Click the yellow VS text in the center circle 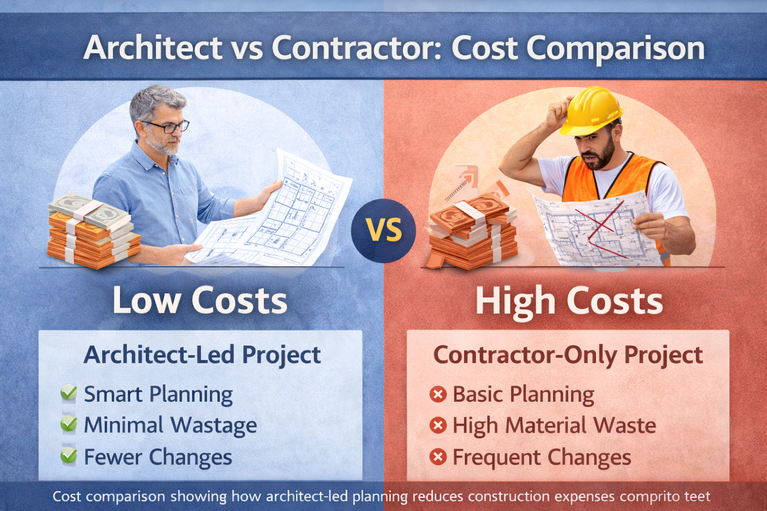[x=383, y=231]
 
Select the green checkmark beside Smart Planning [x=68, y=393]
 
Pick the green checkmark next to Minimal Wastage [x=68, y=424]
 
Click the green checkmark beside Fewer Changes [x=68, y=456]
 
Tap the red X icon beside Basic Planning [x=438, y=394]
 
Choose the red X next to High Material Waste [x=438, y=426]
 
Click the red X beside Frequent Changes [x=438, y=457]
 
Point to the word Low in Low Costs [x=146, y=300]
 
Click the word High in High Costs [x=515, y=301]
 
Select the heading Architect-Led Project [x=202, y=355]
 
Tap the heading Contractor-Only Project [x=568, y=355]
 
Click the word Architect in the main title [x=153, y=48]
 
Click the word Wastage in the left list [x=214, y=426]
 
